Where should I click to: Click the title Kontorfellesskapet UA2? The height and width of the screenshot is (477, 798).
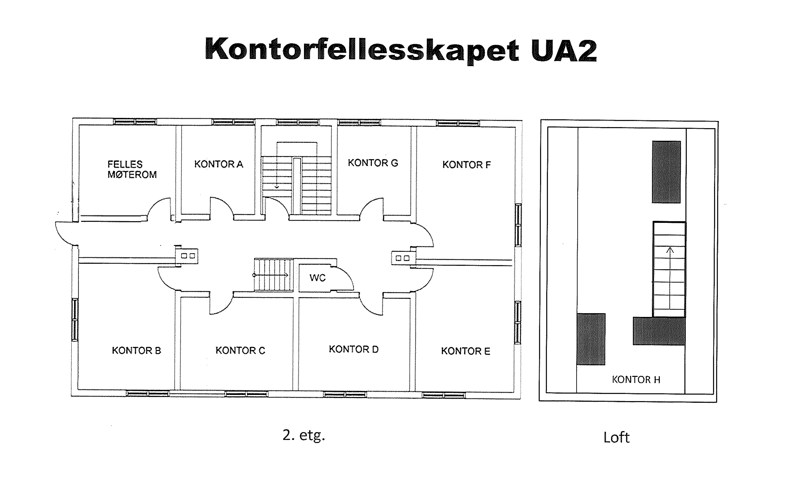(x=401, y=50)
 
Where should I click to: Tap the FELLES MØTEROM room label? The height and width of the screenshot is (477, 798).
(x=132, y=169)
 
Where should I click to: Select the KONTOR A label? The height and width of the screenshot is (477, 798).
(x=219, y=164)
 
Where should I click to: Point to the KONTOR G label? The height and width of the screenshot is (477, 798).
(x=373, y=163)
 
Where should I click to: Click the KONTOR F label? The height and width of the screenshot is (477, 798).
(x=466, y=165)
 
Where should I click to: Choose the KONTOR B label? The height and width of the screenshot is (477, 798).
(x=136, y=350)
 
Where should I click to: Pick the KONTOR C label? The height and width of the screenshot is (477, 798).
(x=240, y=350)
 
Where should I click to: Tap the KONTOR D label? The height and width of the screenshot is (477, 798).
(x=353, y=349)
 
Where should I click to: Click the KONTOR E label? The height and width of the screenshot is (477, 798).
(x=465, y=351)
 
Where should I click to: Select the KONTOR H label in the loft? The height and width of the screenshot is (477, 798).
(x=636, y=380)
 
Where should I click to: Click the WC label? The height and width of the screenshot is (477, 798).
(x=317, y=278)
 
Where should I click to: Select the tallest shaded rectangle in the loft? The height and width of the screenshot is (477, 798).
(x=666, y=172)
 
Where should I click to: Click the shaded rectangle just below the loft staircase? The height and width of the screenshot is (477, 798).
(x=659, y=331)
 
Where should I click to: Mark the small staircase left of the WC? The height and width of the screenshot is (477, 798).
(x=273, y=275)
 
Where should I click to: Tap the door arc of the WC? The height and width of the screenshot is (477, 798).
(x=345, y=277)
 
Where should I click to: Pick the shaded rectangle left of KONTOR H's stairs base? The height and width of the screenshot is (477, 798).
(x=591, y=339)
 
